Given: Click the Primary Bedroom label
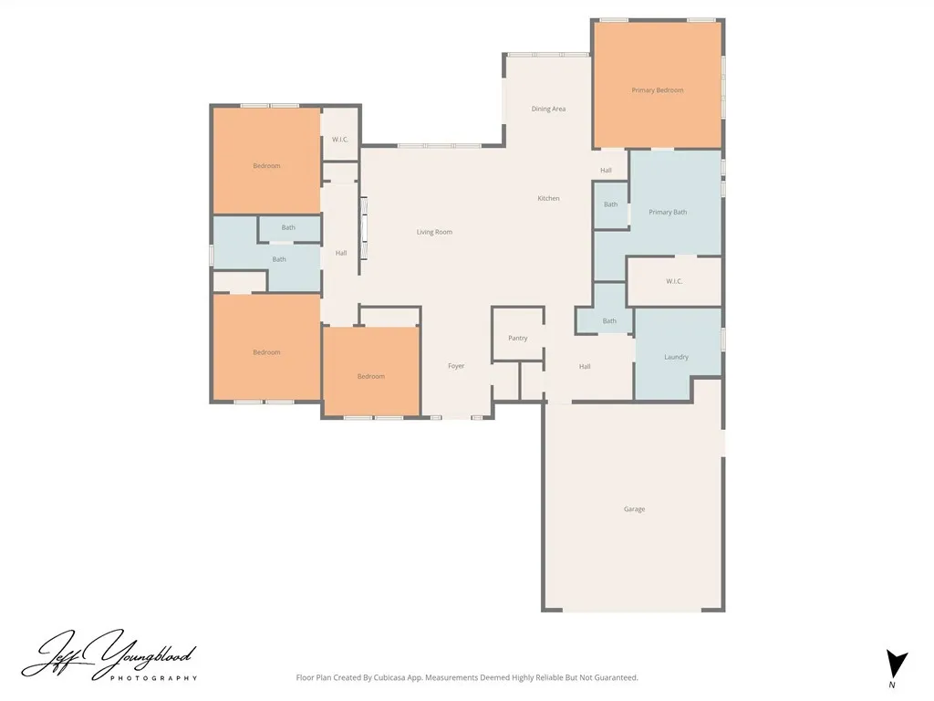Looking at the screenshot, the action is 657,90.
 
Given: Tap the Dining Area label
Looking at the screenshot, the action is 548,110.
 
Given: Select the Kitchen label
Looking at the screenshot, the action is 548,198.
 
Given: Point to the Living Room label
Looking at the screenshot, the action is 434,232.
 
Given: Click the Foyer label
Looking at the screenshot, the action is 456,366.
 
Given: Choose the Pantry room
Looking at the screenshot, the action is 518,334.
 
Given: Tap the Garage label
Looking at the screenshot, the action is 635,509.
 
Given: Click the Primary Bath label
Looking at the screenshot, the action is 668,212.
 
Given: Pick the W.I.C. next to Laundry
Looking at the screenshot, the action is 674,281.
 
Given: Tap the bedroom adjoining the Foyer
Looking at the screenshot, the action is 371,371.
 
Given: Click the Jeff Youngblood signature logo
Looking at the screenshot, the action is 109,655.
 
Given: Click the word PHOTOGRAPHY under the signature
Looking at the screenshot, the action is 153,678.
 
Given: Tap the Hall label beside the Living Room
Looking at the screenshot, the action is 341,254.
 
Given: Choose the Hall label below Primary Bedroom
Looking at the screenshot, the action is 606,171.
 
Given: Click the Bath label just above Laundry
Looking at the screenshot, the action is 609,321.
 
